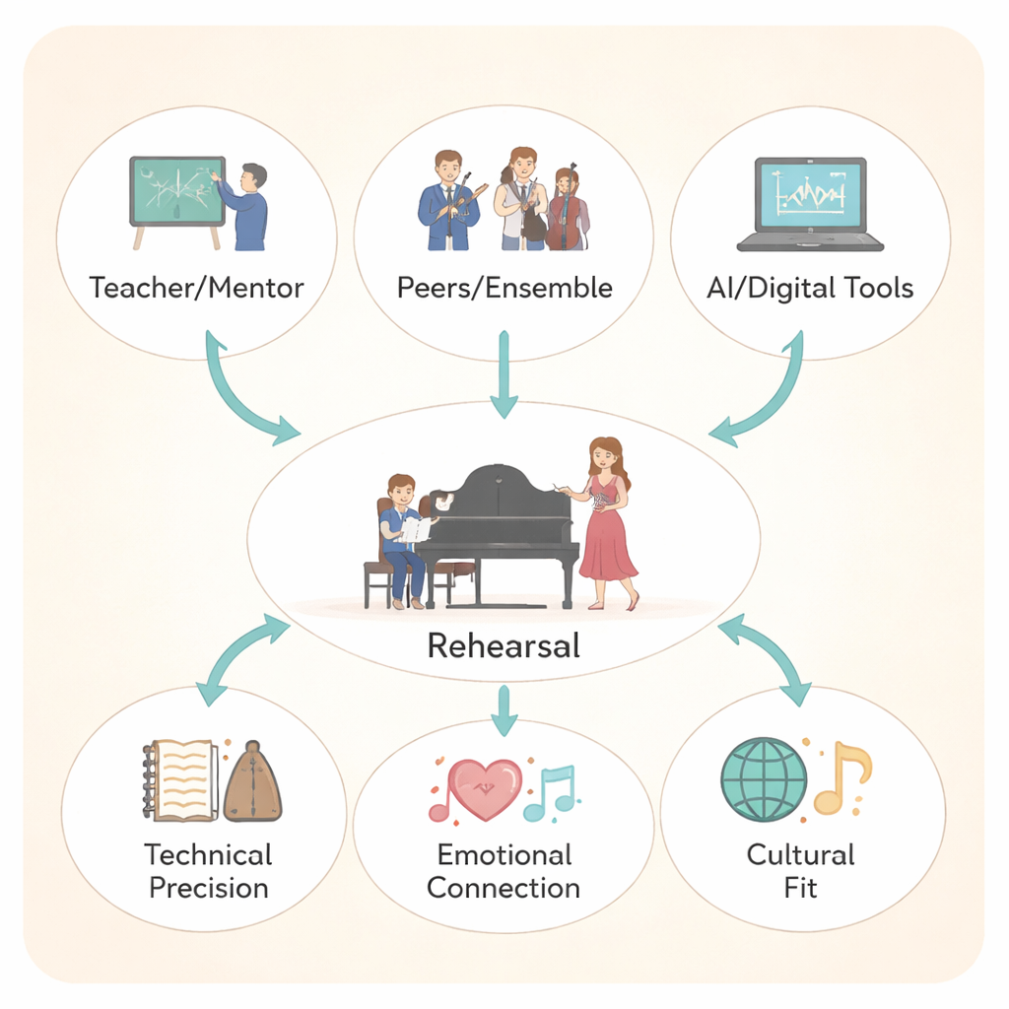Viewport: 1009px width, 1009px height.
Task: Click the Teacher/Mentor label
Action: pos(196,289)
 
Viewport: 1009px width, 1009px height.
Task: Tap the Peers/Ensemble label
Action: pos(504,289)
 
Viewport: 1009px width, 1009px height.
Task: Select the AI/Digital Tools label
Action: pos(810,289)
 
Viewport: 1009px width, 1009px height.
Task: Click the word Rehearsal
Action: pos(504,646)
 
